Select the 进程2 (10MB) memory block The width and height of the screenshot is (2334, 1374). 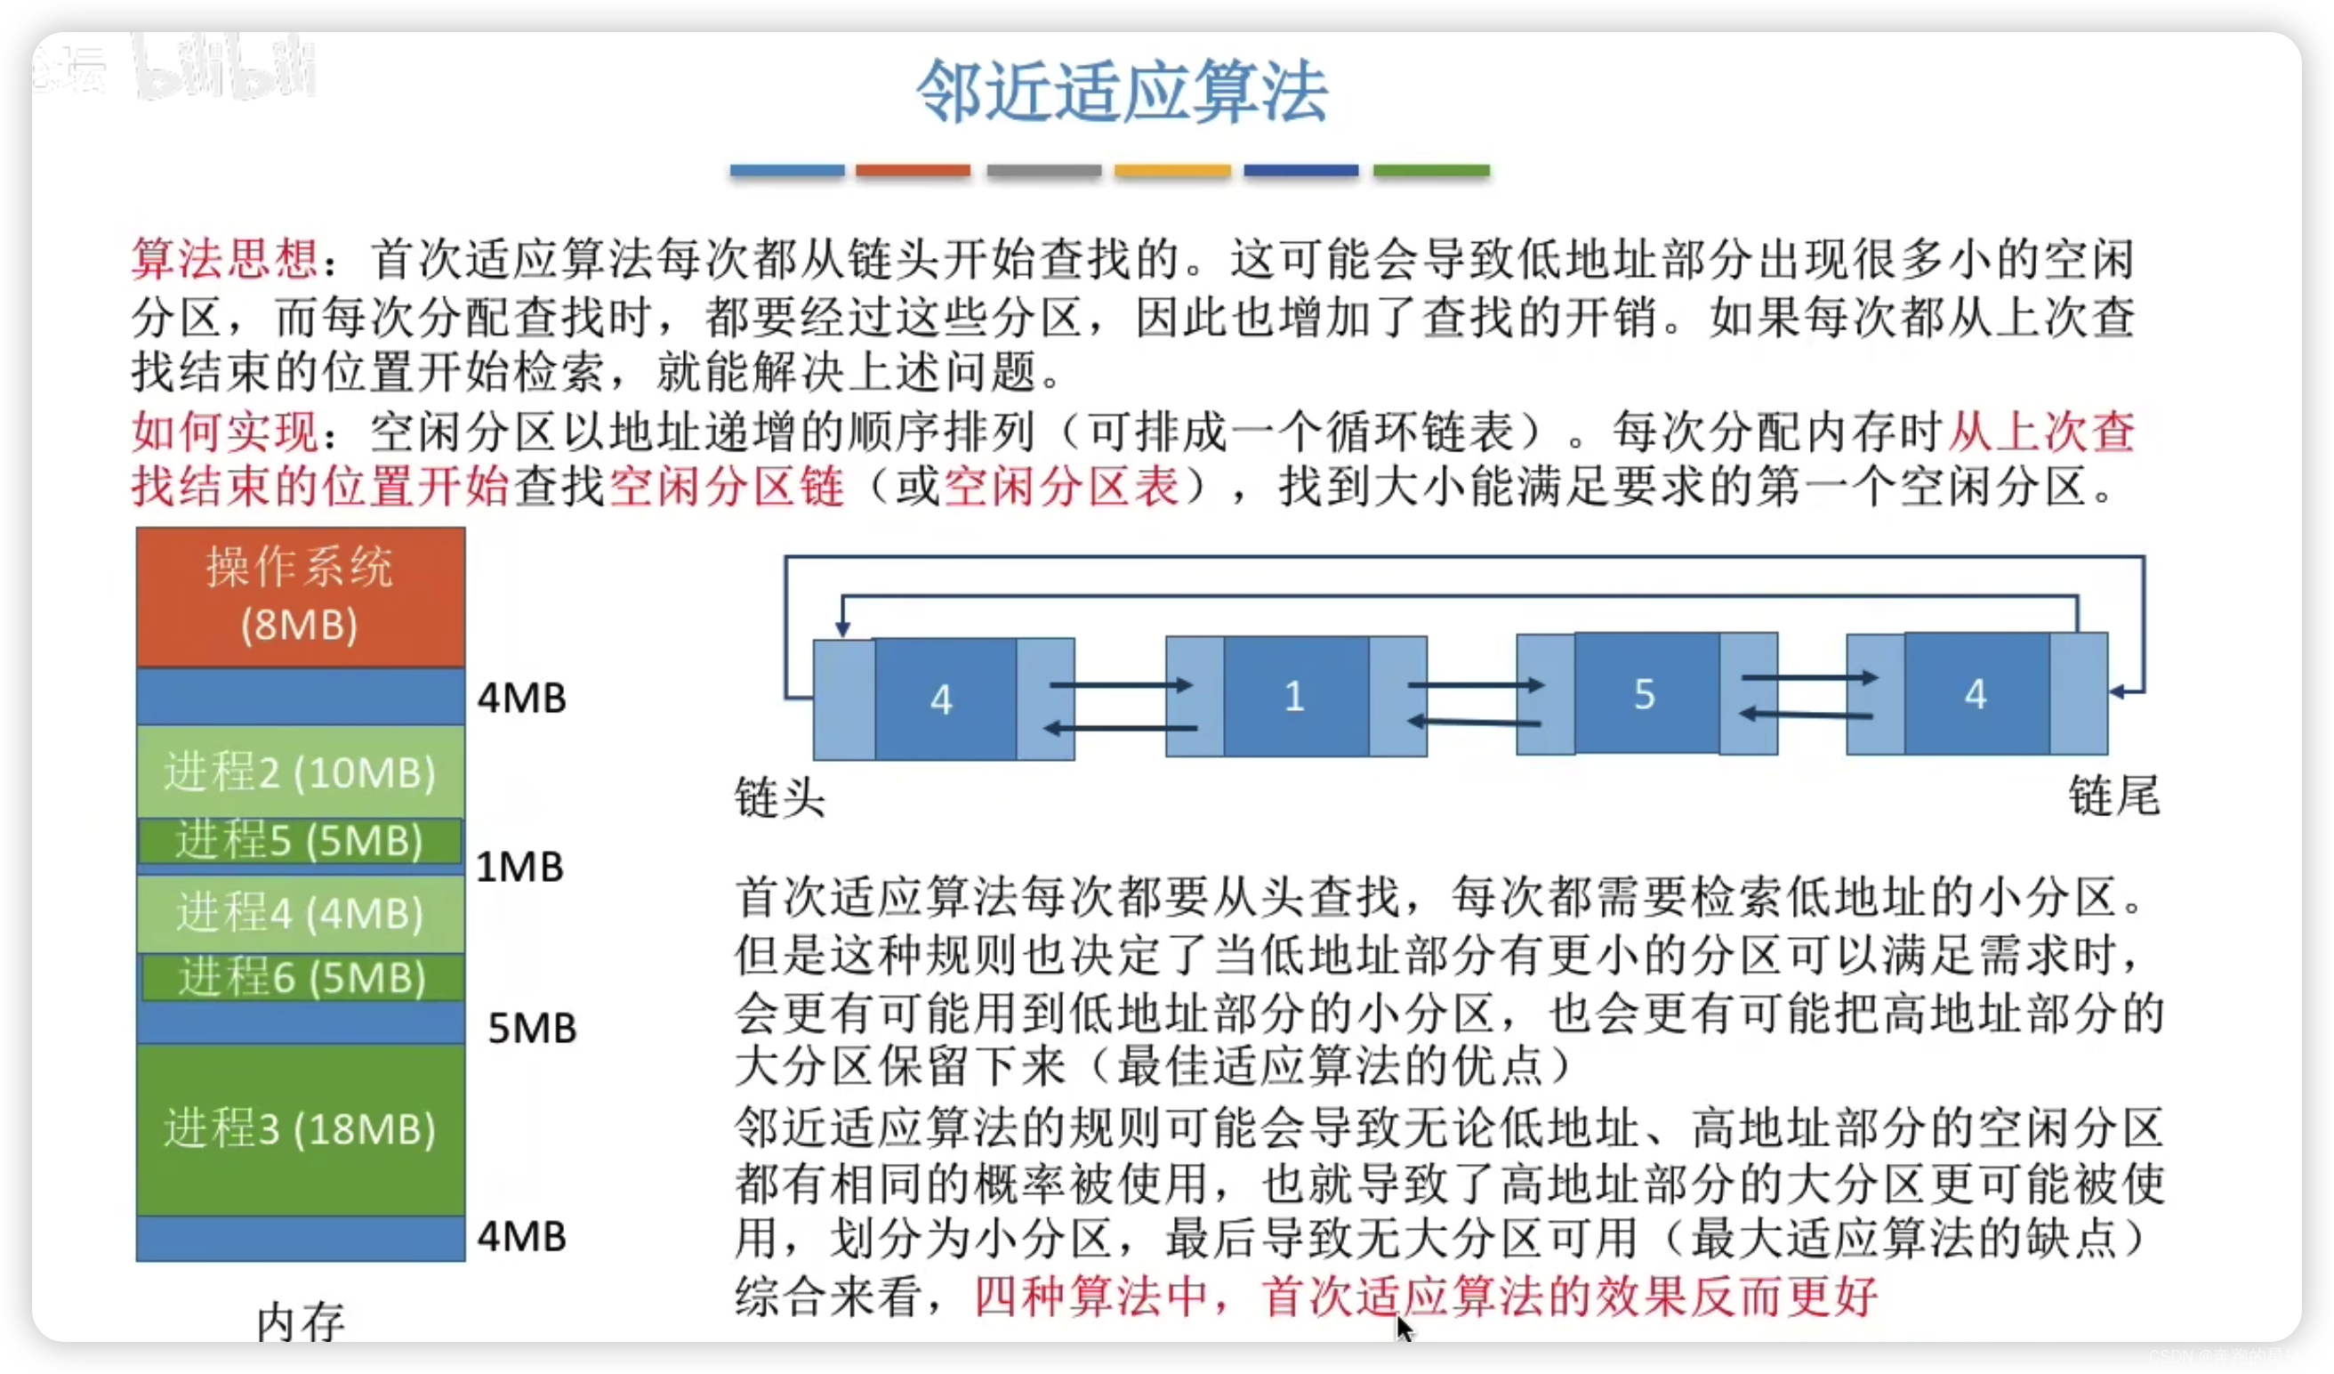coord(300,771)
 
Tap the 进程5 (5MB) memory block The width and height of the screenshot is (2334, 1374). coord(300,840)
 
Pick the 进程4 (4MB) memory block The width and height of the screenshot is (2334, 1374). coord(300,913)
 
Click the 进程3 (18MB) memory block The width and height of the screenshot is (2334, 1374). coord(300,1128)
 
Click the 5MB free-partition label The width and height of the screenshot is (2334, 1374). coord(532,1029)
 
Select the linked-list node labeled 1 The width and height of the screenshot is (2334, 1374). coord(1295,696)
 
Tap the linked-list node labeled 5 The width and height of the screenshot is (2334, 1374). coord(1645,694)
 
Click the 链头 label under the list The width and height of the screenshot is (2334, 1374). coord(779,797)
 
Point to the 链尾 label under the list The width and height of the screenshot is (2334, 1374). coord(2113,796)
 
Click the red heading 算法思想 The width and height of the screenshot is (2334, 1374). coord(224,258)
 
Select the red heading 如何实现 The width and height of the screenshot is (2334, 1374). coord(224,431)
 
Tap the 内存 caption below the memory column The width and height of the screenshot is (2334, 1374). coord(300,1322)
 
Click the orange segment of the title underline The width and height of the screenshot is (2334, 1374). coord(913,171)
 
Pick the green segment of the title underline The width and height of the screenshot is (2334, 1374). coord(1431,171)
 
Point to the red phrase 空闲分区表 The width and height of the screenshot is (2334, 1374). coord(1061,487)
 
